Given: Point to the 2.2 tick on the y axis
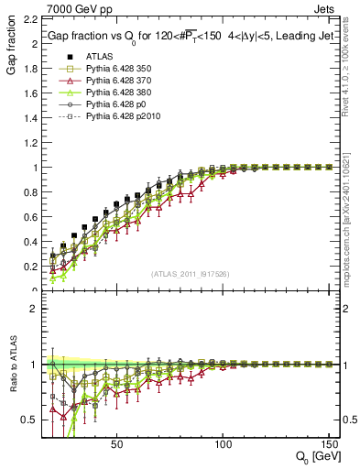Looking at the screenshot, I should click(30, 19).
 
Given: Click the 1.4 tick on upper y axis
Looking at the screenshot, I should click(30, 118).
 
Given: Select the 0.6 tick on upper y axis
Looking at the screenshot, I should click(30, 217).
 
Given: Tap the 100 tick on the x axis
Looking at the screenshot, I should click(223, 444).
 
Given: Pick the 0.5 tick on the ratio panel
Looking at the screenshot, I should click(30, 420).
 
